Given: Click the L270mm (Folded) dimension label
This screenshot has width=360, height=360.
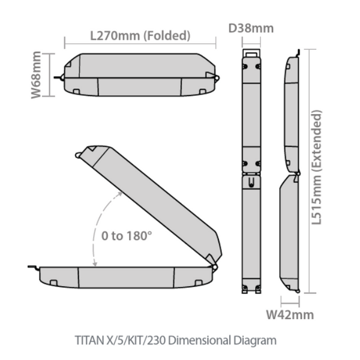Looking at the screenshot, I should pos(140,35).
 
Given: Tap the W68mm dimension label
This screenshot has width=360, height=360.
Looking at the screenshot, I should pos(37,74).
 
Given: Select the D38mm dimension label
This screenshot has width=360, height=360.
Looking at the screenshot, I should pos(251,28).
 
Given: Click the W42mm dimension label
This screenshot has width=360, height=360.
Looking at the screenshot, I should pos(290,314).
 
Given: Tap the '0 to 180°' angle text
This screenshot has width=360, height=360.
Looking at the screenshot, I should pos(126,235).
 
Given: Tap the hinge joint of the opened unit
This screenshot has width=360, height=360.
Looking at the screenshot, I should pos(213,262).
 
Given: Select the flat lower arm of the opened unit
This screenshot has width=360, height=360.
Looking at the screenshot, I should pos(126,276).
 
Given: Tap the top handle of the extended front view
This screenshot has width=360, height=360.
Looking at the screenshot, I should pos(251,53).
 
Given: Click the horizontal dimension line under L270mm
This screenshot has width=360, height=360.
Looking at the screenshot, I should pos(140,43).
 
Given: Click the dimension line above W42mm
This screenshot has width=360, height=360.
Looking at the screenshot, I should pos(290,298).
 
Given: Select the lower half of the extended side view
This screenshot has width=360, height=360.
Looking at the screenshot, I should pos(290,234).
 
